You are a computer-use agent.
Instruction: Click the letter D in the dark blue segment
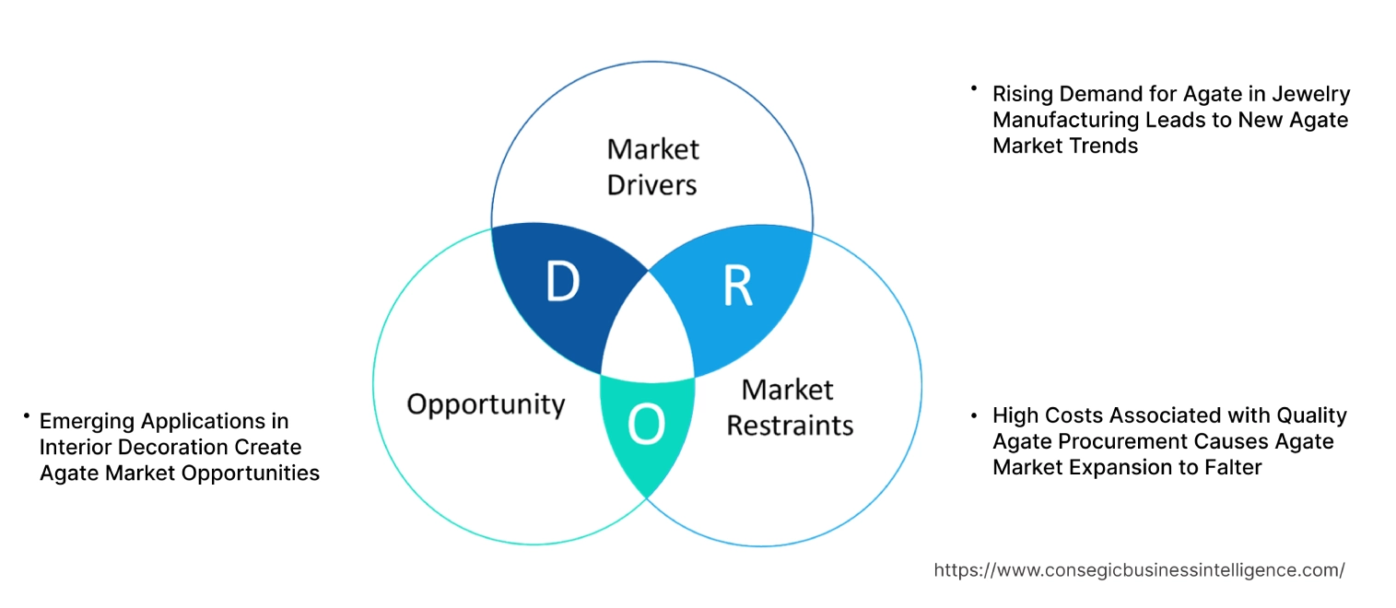tap(562, 283)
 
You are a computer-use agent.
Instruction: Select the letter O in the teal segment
tap(646, 425)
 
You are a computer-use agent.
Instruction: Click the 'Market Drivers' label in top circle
tap(652, 167)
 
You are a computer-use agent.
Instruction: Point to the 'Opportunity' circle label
tap(486, 403)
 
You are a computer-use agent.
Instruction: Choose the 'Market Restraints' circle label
tap(789, 407)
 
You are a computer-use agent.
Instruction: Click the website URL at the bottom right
tap(1139, 570)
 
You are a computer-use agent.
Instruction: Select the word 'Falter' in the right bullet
tap(1230, 467)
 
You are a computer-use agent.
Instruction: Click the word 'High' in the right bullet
tap(1014, 415)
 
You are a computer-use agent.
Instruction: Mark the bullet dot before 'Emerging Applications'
tap(28, 417)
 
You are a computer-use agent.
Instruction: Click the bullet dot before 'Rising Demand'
tap(973, 89)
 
